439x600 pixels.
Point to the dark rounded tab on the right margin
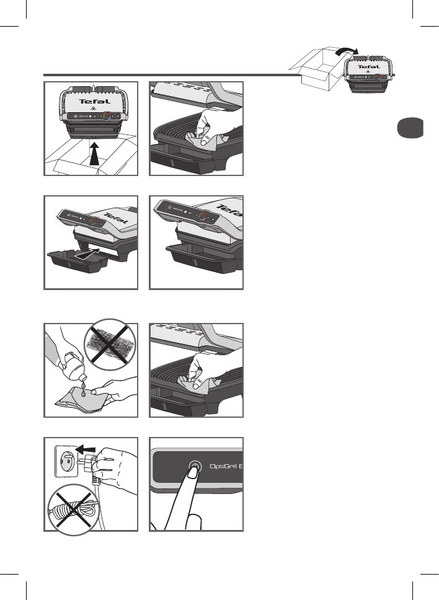410,128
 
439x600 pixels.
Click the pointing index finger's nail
193,472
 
